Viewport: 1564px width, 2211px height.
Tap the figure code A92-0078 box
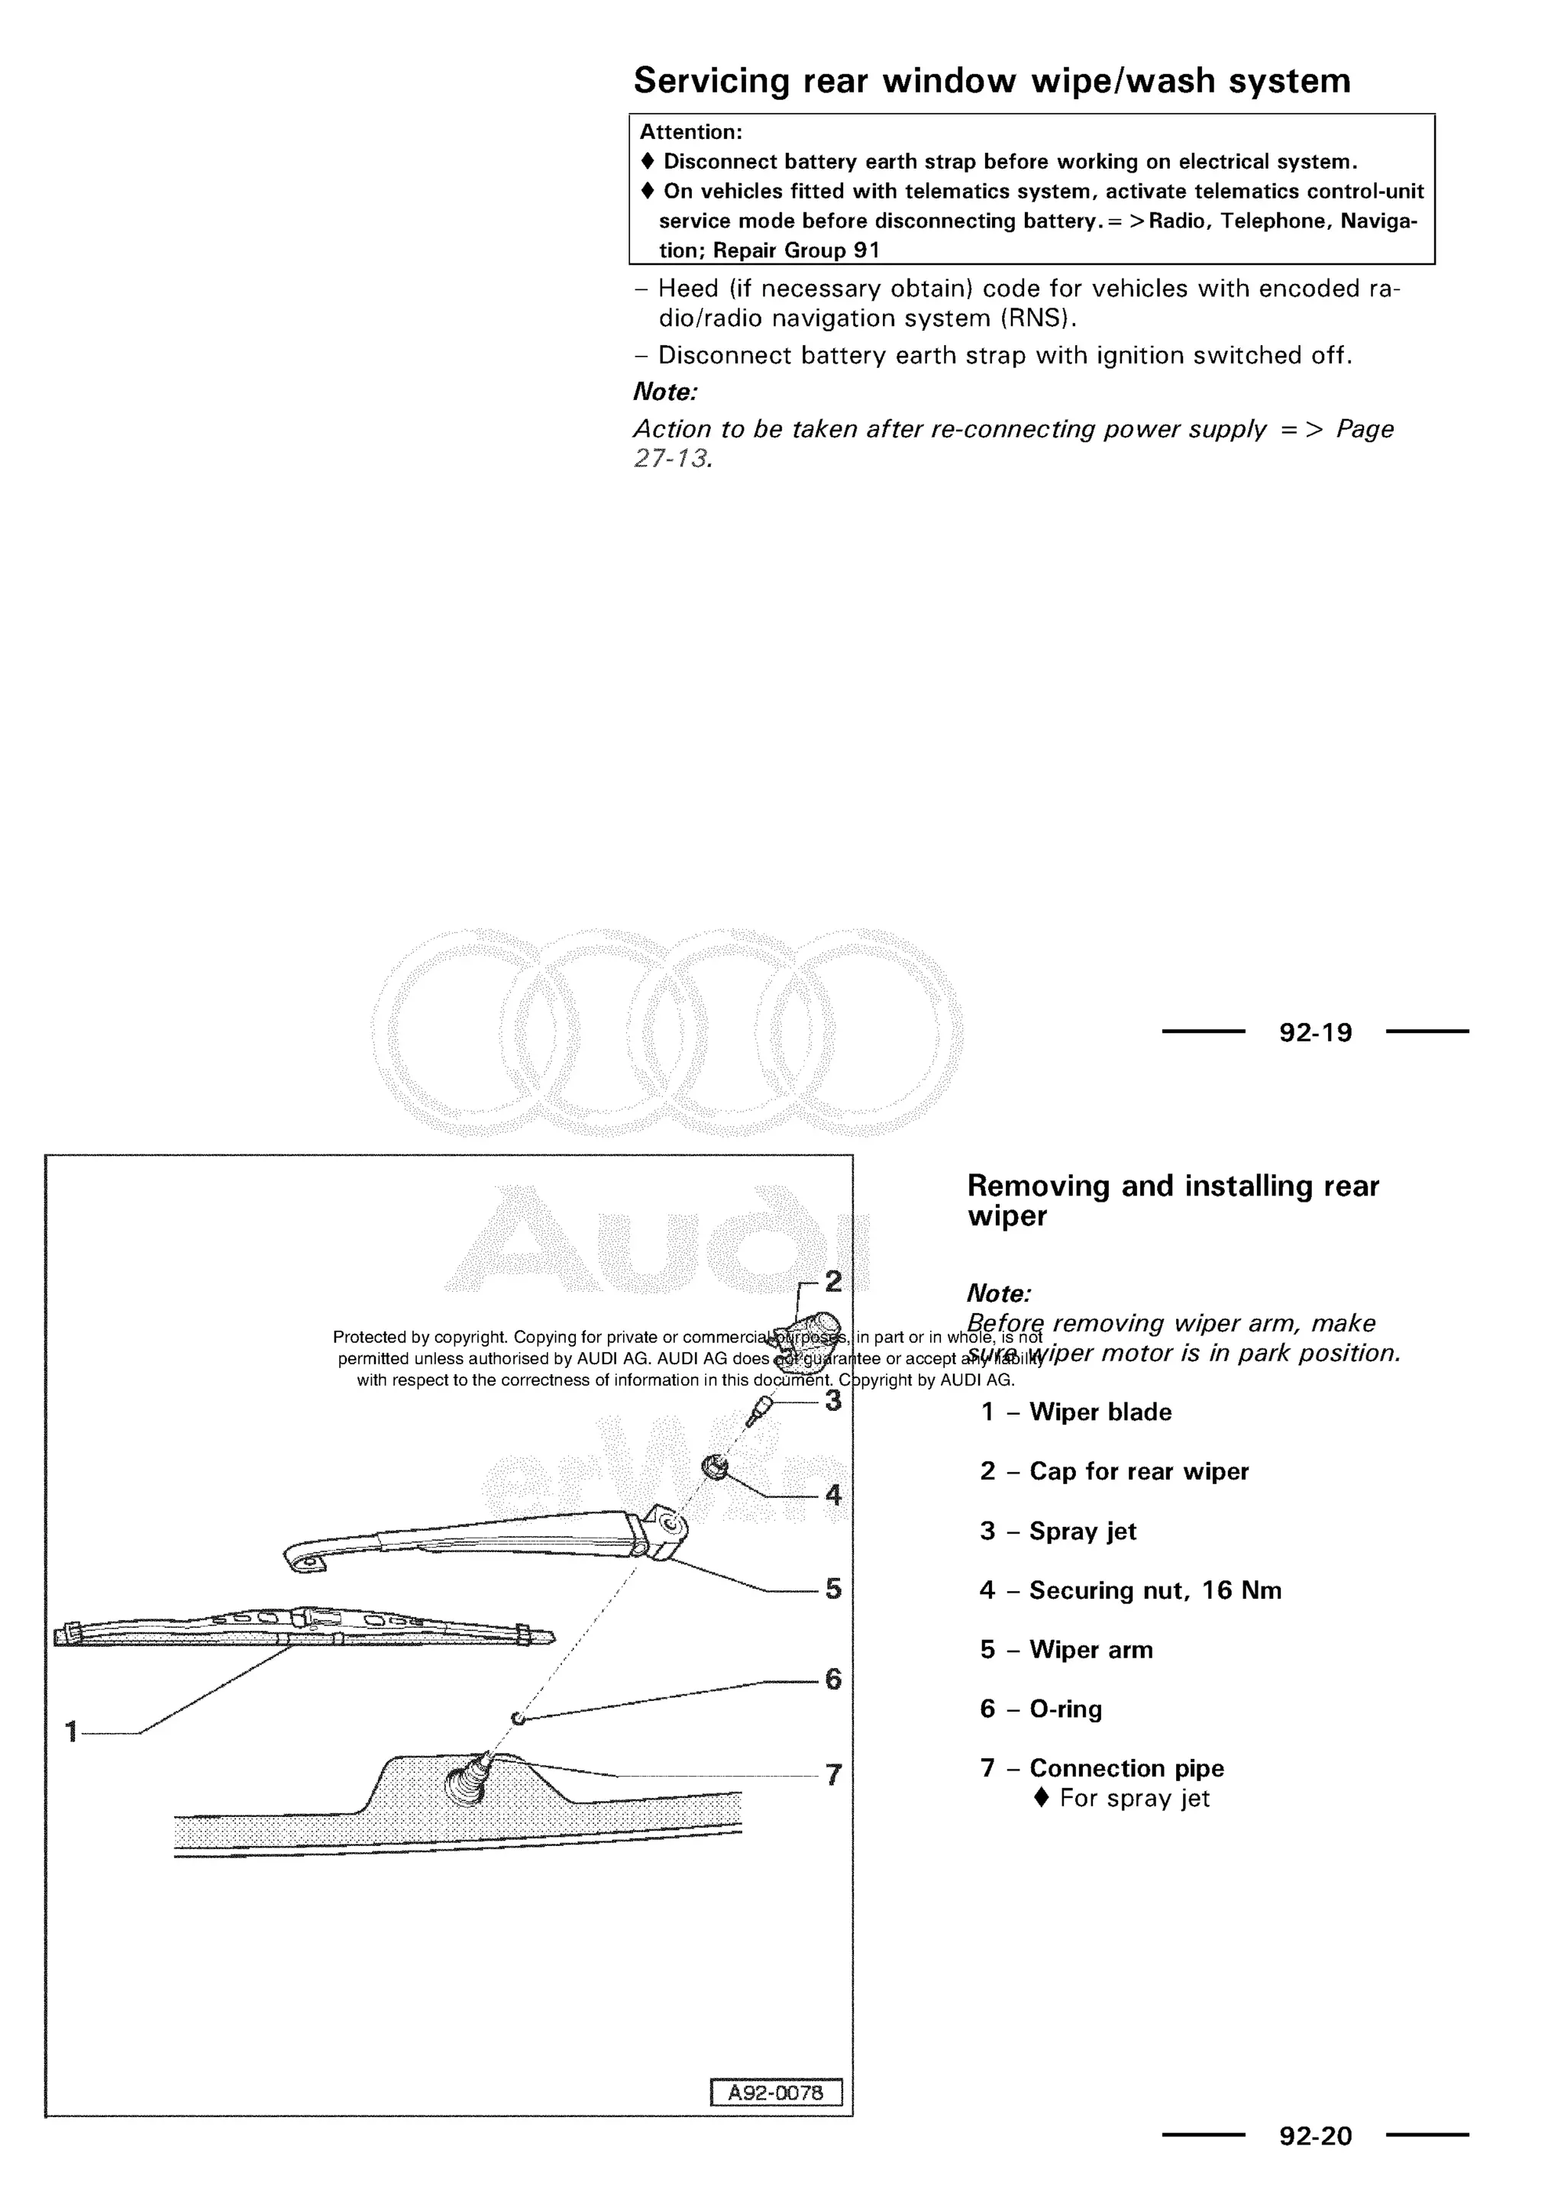[x=775, y=2093]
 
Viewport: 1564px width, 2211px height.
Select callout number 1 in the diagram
[x=70, y=1732]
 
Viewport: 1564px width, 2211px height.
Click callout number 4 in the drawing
[x=833, y=1495]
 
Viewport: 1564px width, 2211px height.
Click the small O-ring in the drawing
[x=517, y=1718]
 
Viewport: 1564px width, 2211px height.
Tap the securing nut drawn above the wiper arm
[x=715, y=1467]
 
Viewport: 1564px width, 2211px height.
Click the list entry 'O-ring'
[x=1065, y=1709]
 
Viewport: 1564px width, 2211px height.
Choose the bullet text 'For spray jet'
[x=1133, y=1798]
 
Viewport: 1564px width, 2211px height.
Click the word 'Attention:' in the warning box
[x=690, y=132]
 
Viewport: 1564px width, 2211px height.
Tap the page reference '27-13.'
[x=672, y=458]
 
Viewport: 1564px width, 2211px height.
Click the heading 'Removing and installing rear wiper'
[x=1172, y=1200]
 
